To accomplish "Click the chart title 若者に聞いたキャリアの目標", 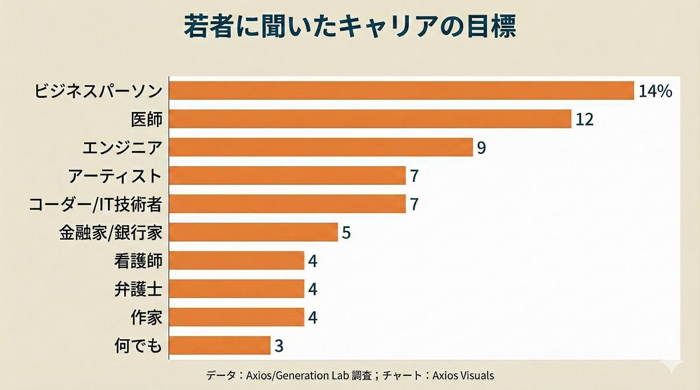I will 350,27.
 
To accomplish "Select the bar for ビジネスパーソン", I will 401,91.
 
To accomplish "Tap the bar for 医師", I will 370,119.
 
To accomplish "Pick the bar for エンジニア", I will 321,147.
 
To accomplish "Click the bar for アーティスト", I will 287,175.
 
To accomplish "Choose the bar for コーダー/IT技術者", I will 287,204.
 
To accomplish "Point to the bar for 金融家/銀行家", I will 253,232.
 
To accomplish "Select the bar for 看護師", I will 236,261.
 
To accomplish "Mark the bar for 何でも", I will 219,346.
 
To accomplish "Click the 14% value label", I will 656,92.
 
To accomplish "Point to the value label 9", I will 481,148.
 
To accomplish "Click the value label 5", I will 346,233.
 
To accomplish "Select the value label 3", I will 279,346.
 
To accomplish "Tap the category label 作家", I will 146,318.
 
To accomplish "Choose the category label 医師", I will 146,119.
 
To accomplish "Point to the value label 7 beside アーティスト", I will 414,176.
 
